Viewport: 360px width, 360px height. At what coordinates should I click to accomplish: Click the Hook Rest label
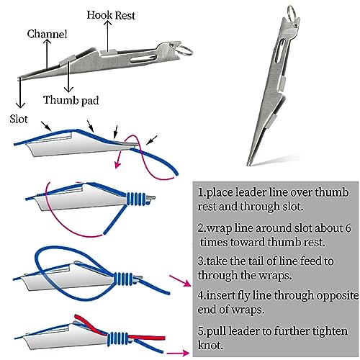111,15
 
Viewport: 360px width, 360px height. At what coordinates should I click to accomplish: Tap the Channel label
47,34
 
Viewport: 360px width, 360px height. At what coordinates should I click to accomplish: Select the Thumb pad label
71,100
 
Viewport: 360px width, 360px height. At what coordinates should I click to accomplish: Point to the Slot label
19,119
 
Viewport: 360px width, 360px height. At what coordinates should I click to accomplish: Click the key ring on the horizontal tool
185,50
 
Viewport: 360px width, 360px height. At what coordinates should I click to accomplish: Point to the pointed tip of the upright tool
248,165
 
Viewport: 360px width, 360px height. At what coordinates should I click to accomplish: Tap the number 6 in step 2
348,228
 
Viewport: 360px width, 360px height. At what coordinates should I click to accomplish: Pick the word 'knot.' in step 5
210,346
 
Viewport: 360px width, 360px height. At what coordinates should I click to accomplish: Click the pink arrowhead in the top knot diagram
117,164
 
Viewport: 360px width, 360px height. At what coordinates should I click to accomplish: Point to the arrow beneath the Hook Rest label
108,36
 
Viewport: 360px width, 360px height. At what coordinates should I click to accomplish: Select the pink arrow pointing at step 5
178,353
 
